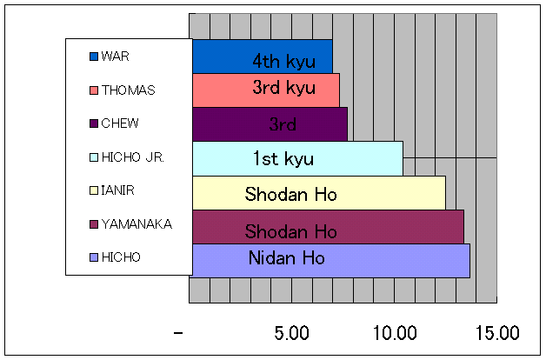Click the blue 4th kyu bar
(262, 57)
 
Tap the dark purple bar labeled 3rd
(270, 124)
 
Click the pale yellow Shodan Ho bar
(318, 192)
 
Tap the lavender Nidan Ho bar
(330, 260)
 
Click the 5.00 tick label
(291, 333)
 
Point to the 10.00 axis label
(394, 333)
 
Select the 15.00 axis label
(496, 333)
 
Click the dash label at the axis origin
(179, 333)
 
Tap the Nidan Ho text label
(286, 258)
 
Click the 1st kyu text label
(283, 159)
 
